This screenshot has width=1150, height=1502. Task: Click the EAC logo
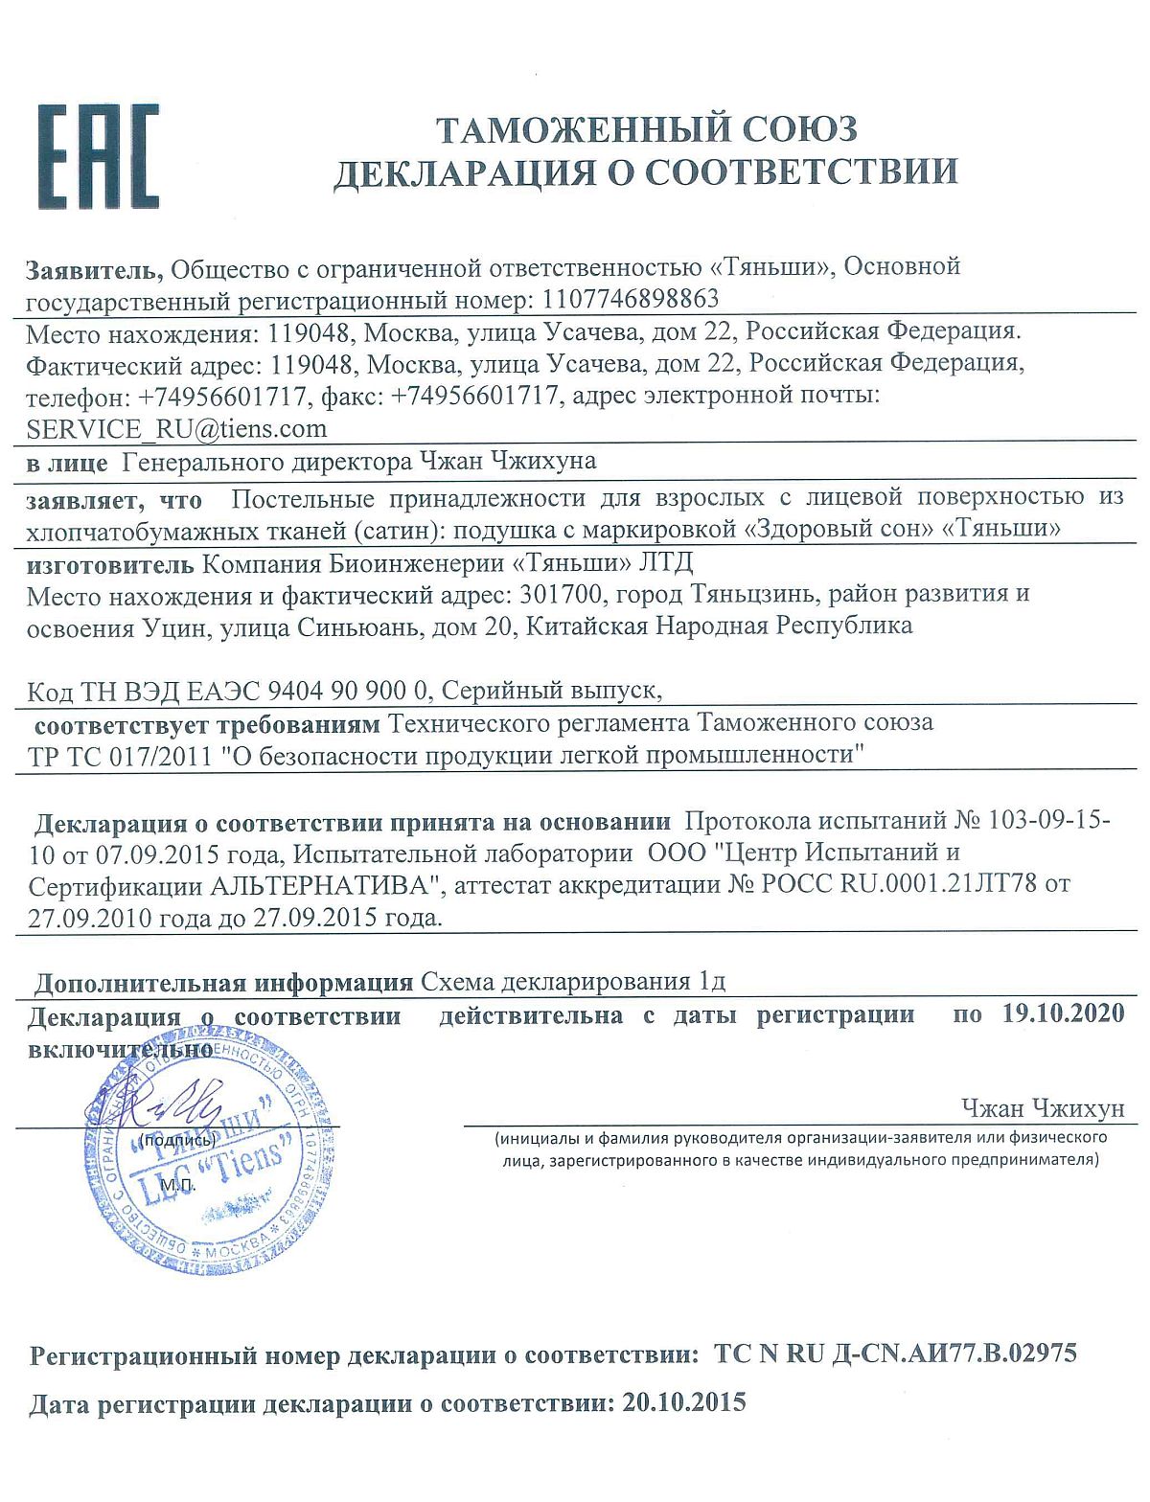98,157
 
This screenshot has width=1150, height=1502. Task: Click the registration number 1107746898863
630,299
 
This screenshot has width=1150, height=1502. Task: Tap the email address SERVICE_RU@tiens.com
176,428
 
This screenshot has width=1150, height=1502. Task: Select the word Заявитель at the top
96,268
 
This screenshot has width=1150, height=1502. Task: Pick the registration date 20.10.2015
683,1403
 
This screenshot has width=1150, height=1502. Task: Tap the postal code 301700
562,594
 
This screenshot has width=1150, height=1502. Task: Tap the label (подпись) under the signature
176,1140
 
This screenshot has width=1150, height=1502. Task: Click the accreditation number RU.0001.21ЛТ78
938,884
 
